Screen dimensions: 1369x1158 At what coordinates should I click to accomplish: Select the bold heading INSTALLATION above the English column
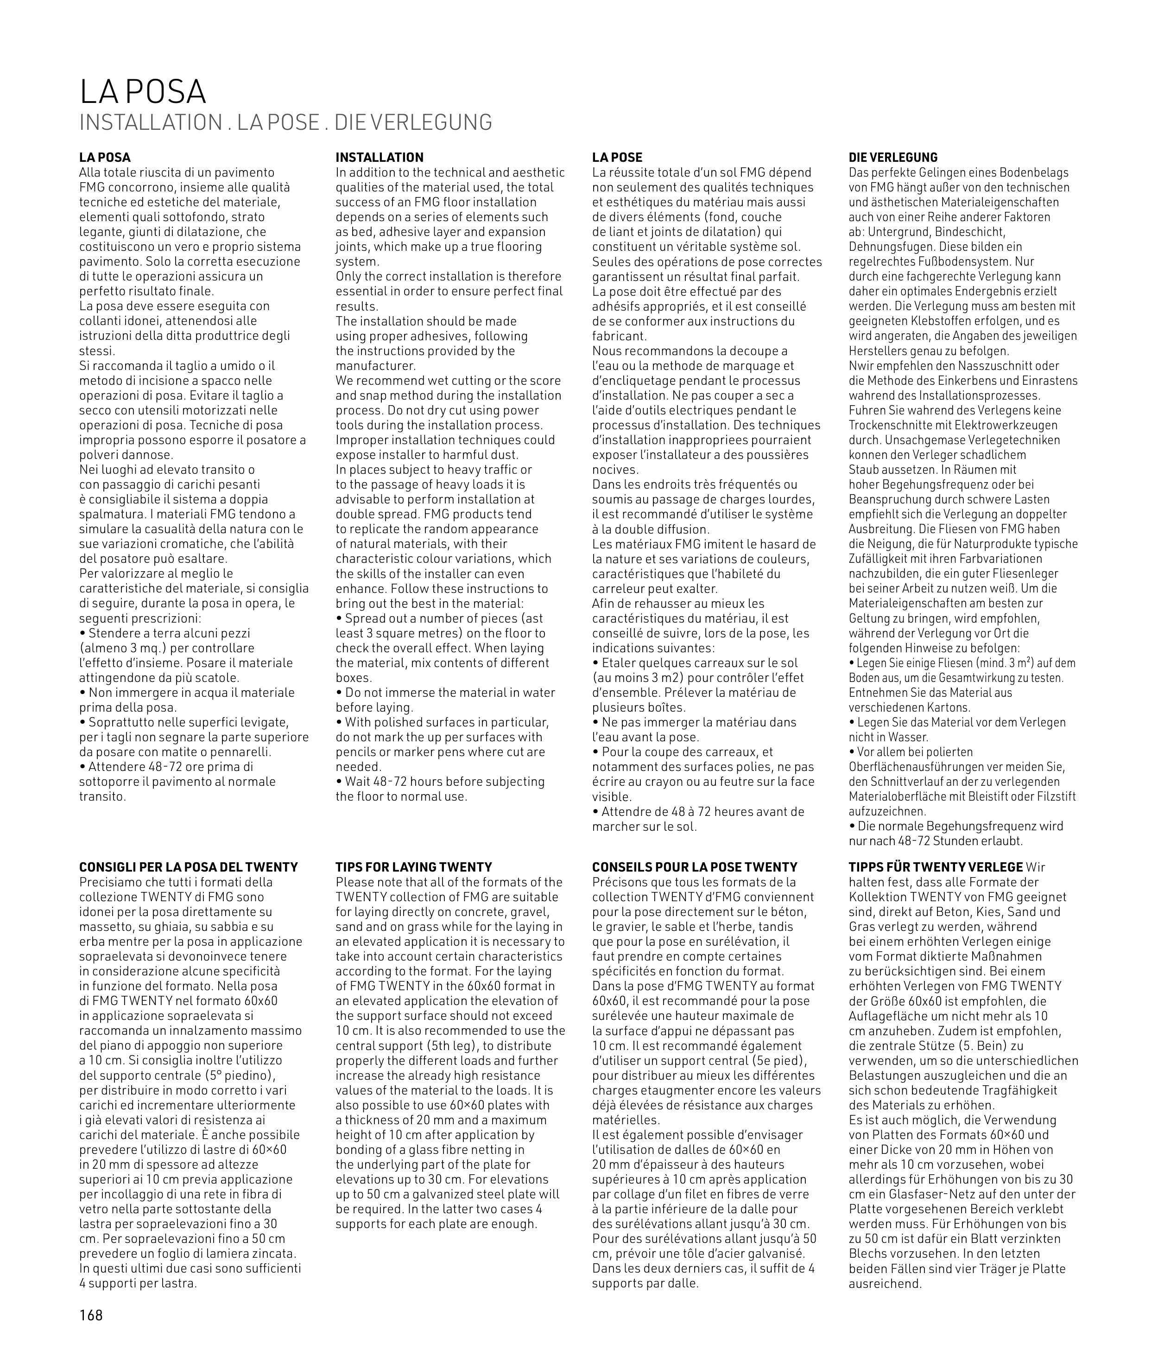click(380, 158)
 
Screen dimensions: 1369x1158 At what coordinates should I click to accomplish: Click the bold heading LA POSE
click(617, 158)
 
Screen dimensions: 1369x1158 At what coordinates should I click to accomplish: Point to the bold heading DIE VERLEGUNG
click(893, 158)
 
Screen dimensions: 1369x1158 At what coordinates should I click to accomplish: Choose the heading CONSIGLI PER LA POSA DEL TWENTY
click(189, 867)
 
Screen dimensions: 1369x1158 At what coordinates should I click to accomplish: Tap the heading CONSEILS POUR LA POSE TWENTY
click(695, 867)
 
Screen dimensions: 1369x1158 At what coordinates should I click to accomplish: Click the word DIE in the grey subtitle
click(346, 123)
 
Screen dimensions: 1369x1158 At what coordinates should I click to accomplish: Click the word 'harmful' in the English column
click(463, 454)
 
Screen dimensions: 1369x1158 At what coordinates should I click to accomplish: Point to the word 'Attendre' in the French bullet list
click(626, 812)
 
